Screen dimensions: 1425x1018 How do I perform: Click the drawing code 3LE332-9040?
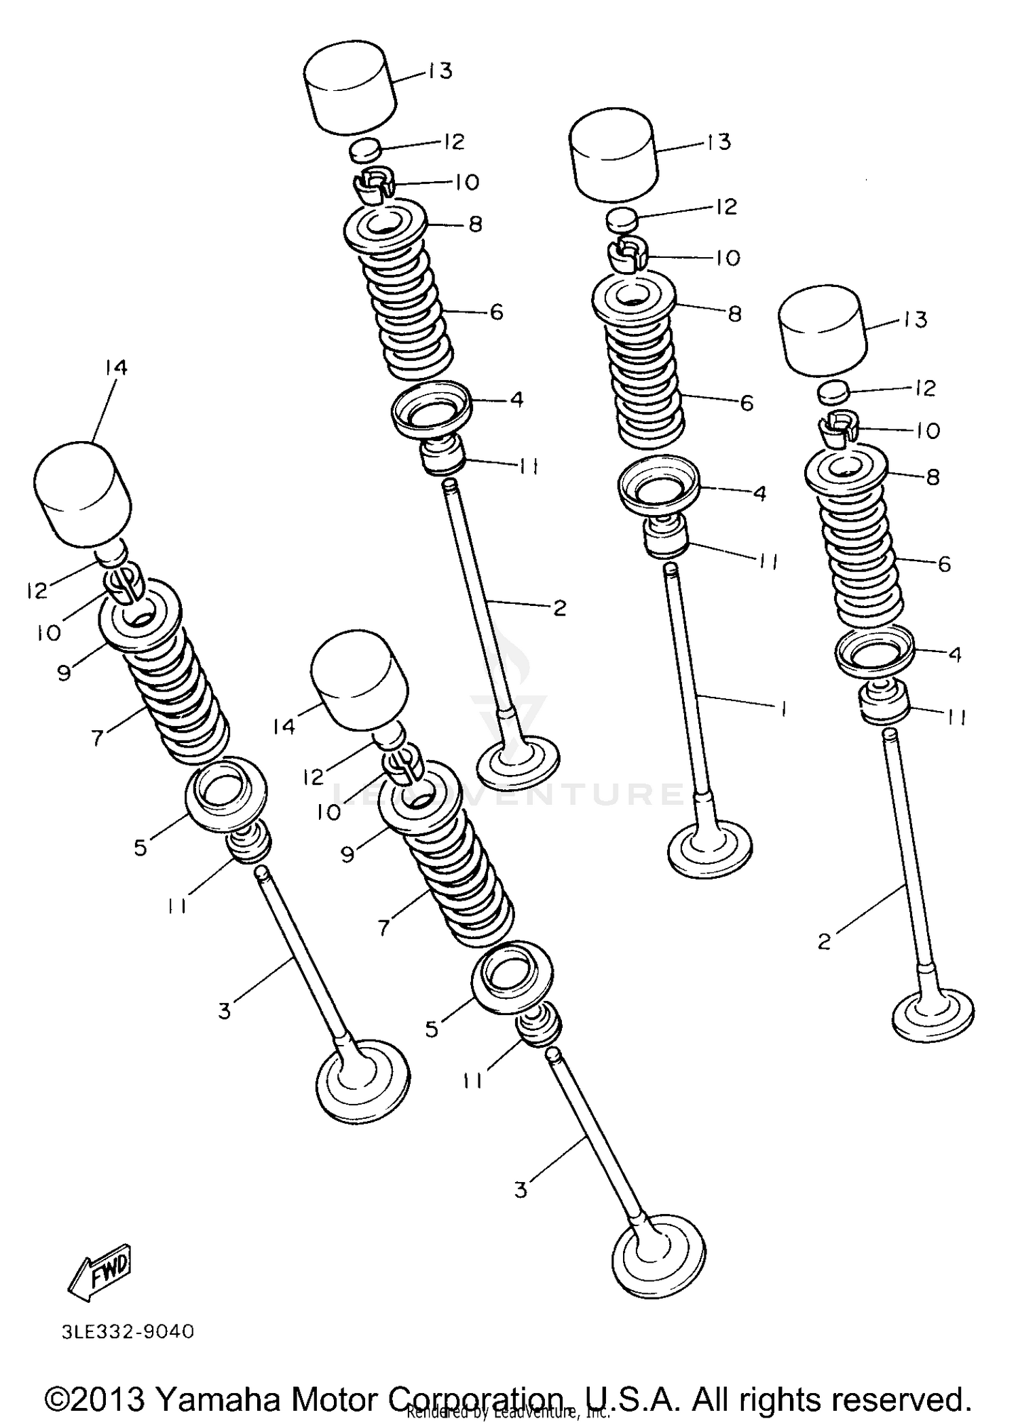point(128,1332)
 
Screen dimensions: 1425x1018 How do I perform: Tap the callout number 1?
point(784,709)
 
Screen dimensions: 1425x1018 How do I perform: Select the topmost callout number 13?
point(441,71)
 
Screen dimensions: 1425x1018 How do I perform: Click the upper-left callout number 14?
point(115,368)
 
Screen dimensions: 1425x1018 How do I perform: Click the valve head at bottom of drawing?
point(658,1255)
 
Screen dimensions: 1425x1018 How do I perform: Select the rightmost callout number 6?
point(944,564)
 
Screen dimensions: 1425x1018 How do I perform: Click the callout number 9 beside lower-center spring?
point(347,853)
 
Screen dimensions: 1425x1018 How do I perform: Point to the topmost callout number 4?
point(516,400)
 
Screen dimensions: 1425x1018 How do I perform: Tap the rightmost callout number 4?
point(955,654)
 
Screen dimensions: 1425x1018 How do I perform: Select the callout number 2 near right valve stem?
point(825,941)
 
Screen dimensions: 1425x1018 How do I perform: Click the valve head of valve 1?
point(710,848)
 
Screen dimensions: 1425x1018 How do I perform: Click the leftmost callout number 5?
point(140,847)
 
